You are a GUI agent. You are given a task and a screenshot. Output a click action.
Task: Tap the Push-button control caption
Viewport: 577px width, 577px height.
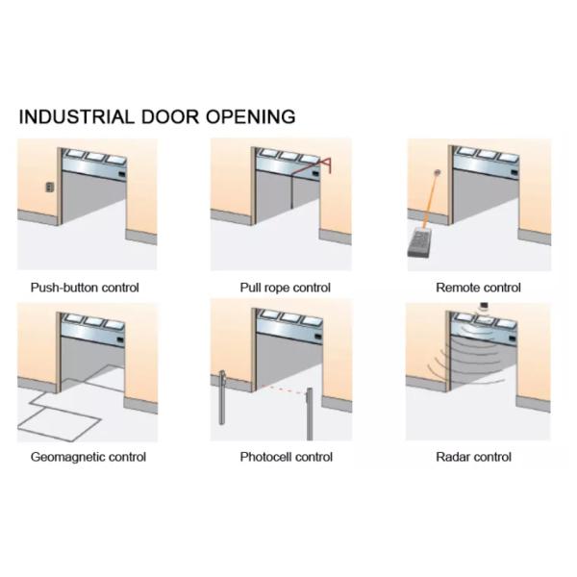tap(85, 287)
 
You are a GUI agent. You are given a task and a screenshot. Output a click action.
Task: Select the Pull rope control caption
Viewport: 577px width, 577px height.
tap(285, 287)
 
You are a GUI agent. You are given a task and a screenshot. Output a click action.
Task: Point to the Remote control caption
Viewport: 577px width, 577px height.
tap(478, 287)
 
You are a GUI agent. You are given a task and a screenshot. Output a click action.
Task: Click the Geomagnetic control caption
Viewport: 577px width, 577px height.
tap(88, 457)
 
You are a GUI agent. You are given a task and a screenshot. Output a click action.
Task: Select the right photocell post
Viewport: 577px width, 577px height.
tap(309, 407)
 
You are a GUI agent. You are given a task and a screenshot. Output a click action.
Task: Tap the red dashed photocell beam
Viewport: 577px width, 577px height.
tap(266, 389)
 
